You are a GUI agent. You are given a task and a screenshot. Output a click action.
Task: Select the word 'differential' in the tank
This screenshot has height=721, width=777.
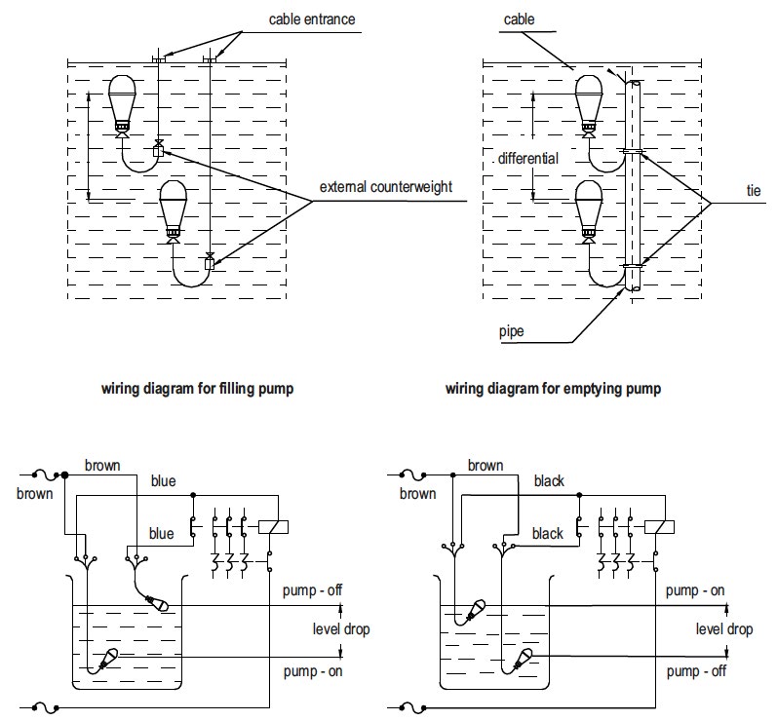pyautogui.click(x=526, y=158)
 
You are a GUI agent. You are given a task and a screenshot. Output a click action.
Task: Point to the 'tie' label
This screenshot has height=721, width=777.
pyautogui.click(x=753, y=191)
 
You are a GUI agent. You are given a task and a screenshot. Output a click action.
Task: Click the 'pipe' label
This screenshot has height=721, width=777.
pyautogui.click(x=510, y=331)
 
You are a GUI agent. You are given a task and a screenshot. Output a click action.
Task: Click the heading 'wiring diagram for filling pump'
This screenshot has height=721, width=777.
pyautogui.click(x=198, y=389)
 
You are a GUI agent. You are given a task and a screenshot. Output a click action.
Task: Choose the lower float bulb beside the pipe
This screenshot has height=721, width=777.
pyautogui.click(x=589, y=207)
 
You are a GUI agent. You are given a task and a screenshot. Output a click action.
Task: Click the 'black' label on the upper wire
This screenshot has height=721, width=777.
pyautogui.click(x=549, y=481)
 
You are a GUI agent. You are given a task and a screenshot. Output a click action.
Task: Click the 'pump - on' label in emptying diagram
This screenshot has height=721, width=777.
pyautogui.click(x=695, y=591)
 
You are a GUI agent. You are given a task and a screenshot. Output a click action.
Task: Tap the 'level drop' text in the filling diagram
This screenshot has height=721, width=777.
pyautogui.click(x=341, y=629)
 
